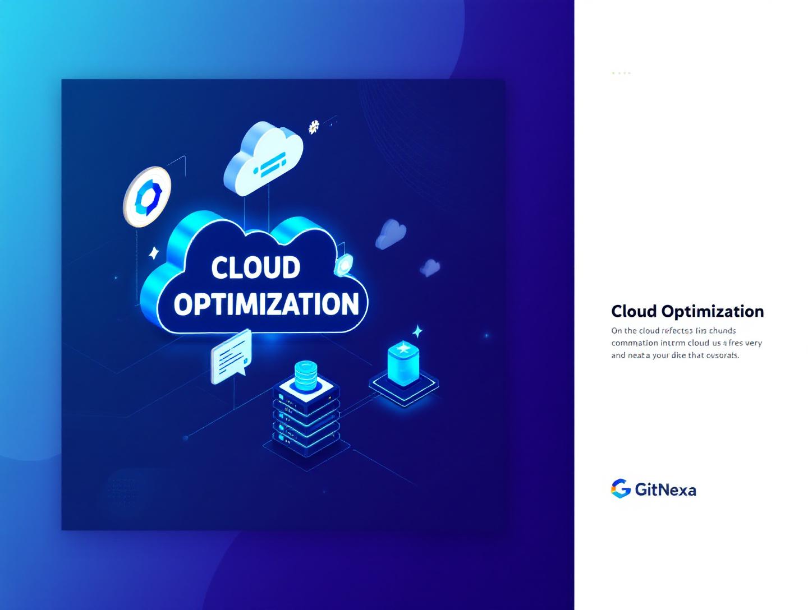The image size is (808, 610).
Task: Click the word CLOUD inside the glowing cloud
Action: click(256, 268)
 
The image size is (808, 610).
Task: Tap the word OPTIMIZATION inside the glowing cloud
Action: click(266, 304)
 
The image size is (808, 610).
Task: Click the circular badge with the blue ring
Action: click(147, 196)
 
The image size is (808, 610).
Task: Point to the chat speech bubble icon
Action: click(231, 357)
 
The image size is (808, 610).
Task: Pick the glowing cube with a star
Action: click(403, 363)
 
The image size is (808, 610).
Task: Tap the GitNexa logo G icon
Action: click(621, 489)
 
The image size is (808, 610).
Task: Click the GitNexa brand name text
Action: click(665, 490)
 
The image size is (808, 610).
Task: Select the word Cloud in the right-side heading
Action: click(633, 311)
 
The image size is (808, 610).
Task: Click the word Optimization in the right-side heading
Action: click(713, 311)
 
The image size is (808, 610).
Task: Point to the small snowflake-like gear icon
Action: click(314, 127)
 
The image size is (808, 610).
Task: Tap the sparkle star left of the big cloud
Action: click(154, 253)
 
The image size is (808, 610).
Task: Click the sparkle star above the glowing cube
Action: click(417, 331)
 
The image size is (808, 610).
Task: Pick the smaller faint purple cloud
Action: click(430, 267)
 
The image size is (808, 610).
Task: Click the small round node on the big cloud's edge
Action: click(344, 264)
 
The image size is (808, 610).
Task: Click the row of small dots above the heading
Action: click(621, 73)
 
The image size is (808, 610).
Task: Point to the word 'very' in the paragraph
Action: click(753, 343)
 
